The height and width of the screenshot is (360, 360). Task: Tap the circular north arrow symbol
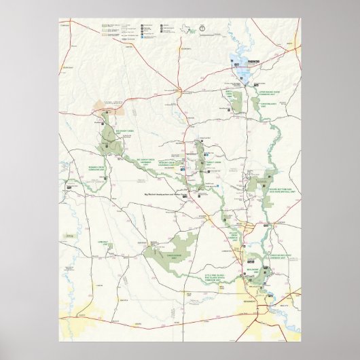(x=202, y=29)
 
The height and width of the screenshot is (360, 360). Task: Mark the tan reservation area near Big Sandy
(x=105, y=108)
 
